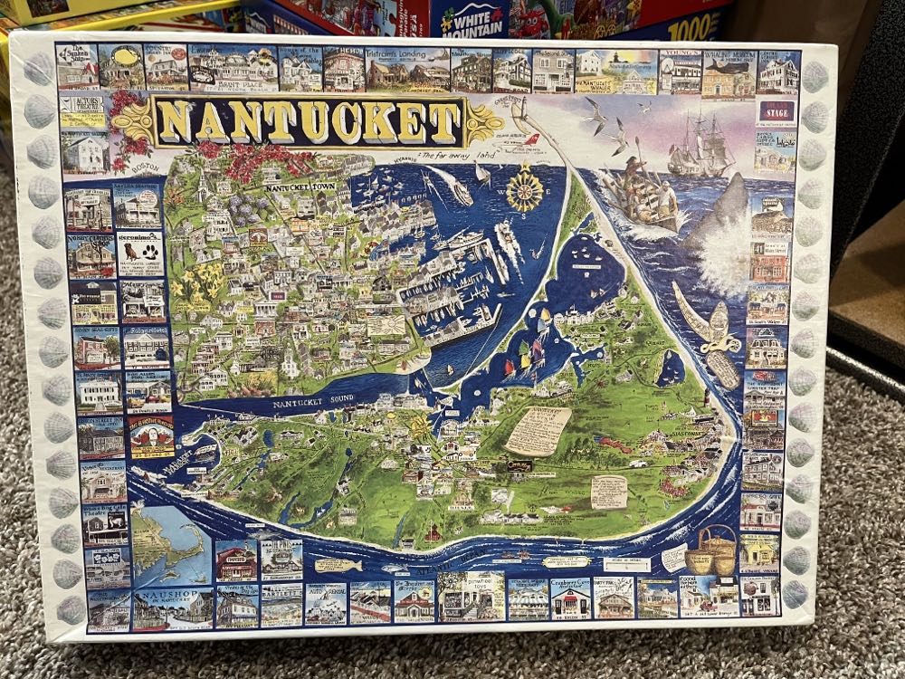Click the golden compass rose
(x=525, y=191)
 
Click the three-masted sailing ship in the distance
(x=702, y=145)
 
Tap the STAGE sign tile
(x=776, y=111)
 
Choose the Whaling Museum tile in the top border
(x=729, y=72)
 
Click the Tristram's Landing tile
(x=407, y=69)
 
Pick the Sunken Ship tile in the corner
(x=77, y=65)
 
